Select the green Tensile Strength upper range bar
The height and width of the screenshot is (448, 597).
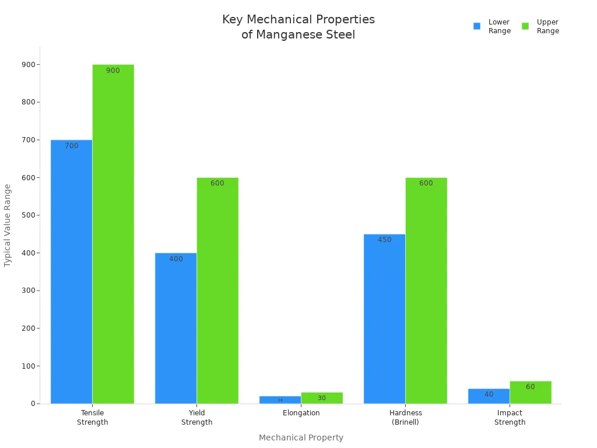pyautogui.click(x=113, y=233)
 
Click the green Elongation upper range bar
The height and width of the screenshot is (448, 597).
pyautogui.click(x=322, y=398)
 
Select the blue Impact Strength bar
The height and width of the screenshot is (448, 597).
pyautogui.click(x=489, y=396)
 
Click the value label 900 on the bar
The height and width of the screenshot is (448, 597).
pyautogui.click(x=113, y=71)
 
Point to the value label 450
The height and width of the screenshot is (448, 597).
pyautogui.click(x=385, y=240)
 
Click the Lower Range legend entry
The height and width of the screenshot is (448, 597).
pyautogui.click(x=493, y=26)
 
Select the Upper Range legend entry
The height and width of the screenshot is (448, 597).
pyautogui.click(x=541, y=26)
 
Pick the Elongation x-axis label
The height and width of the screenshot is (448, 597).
pyautogui.click(x=301, y=413)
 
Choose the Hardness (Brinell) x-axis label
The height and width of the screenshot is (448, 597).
pyautogui.click(x=405, y=418)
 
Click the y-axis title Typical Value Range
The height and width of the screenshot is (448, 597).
pyautogui.click(x=8, y=225)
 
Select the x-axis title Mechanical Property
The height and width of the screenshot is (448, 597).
pyautogui.click(x=301, y=437)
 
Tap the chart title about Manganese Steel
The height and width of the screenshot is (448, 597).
pyautogui.click(x=298, y=27)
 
